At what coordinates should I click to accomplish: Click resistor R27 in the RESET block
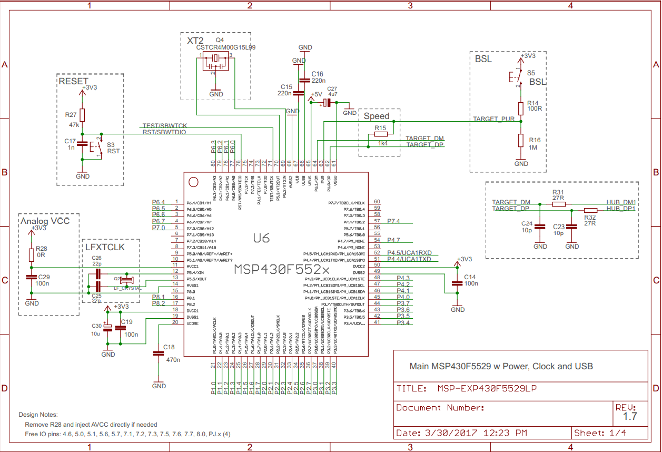click(83, 115)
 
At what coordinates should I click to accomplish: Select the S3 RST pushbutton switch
click(98, 147)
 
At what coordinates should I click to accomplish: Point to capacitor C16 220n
click(305, 81)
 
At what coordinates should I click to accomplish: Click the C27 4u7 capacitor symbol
click(328, 103)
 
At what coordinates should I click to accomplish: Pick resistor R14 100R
click(521, 109)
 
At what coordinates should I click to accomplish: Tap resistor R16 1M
click(521, 140)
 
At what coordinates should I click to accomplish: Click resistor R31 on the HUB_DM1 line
click(558, 203)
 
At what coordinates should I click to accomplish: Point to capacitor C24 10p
click(540, 228)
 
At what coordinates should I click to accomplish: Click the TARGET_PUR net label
click(493, 119)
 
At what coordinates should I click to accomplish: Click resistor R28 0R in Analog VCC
click(32, 254)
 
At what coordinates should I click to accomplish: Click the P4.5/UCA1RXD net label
click(409, 253)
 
